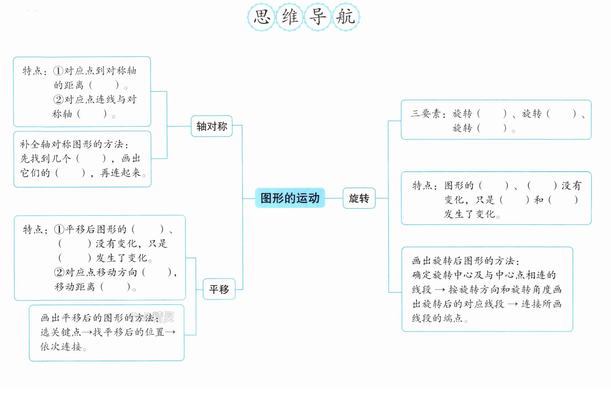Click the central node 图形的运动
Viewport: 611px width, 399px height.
(x=290, y=198)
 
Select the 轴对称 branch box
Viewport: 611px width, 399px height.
(x=212, y=126)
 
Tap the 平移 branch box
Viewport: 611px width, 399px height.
(x=219, y=289)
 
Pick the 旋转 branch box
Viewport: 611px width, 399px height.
(x=359, y=198)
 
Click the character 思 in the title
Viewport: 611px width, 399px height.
(x=262, y=17)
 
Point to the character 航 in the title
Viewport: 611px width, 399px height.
(x=346, y=17)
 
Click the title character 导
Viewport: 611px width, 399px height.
(x=317, y=17)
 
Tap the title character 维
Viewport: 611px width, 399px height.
(x=290, y=17)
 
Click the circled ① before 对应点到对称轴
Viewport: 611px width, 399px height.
(x=58, y=71)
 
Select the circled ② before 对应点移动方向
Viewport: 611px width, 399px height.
(x=59, y=272)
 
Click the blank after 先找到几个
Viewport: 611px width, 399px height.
(x=91, y=158)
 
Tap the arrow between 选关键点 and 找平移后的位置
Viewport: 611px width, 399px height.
(x=87, y=332)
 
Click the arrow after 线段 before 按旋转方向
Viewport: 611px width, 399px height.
(x=440, y=290)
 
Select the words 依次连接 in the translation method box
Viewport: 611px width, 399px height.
(x=61, y=346)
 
